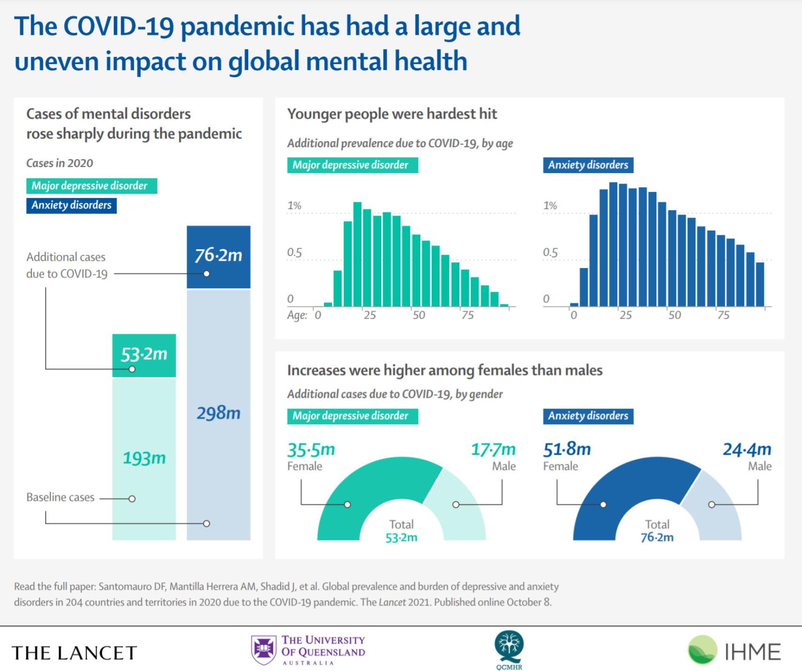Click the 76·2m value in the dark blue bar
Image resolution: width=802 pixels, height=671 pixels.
point(218,255)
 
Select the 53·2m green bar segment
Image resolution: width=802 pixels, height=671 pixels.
point(144,355)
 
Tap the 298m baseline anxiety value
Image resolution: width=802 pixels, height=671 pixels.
point(218,413)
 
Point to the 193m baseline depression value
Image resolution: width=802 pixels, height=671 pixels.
point(144,458)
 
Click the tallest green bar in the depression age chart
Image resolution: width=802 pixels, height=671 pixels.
point(357,254)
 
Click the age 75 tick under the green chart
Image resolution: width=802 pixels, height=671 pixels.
point(467,315)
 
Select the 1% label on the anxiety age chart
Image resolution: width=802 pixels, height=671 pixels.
point(550,205)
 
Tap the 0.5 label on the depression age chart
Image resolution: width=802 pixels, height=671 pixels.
point(294,253)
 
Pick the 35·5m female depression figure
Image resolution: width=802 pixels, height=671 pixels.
point(311,450)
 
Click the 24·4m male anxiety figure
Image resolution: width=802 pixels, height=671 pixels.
point(747,450)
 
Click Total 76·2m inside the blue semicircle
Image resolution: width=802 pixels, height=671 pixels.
point(657,531)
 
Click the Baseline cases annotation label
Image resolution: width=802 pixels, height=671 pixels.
point(60,497)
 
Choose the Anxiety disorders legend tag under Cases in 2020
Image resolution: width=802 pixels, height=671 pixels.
point(71,205)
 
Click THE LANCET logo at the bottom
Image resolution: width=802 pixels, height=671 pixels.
point(74,653)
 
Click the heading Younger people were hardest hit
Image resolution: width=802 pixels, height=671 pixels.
point(392,114)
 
